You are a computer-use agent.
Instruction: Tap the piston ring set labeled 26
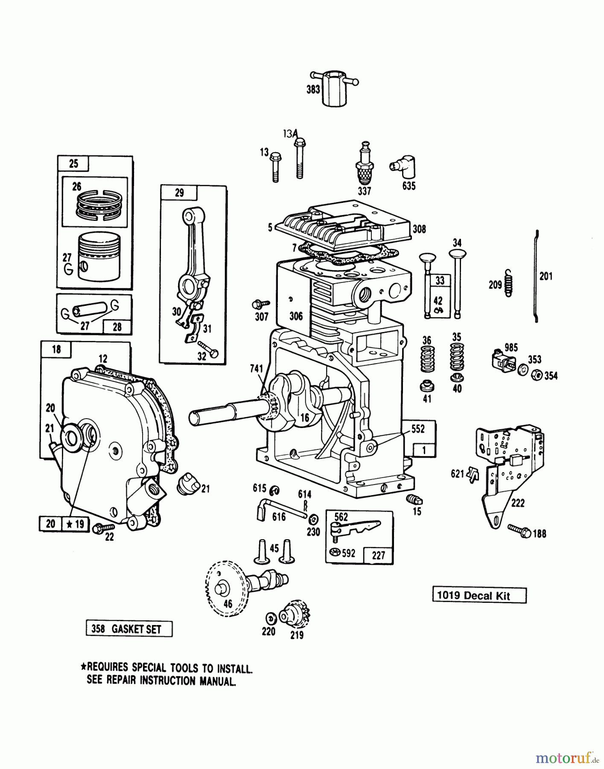coord(99,204)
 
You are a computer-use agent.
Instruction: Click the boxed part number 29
coord(179,193)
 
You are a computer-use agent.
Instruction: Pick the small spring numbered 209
coord(508,282)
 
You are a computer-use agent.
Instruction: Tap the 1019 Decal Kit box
coord(479,596)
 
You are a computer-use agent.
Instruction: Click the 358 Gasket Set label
coord(129,629)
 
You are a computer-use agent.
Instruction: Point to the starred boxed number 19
coord(76,523)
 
